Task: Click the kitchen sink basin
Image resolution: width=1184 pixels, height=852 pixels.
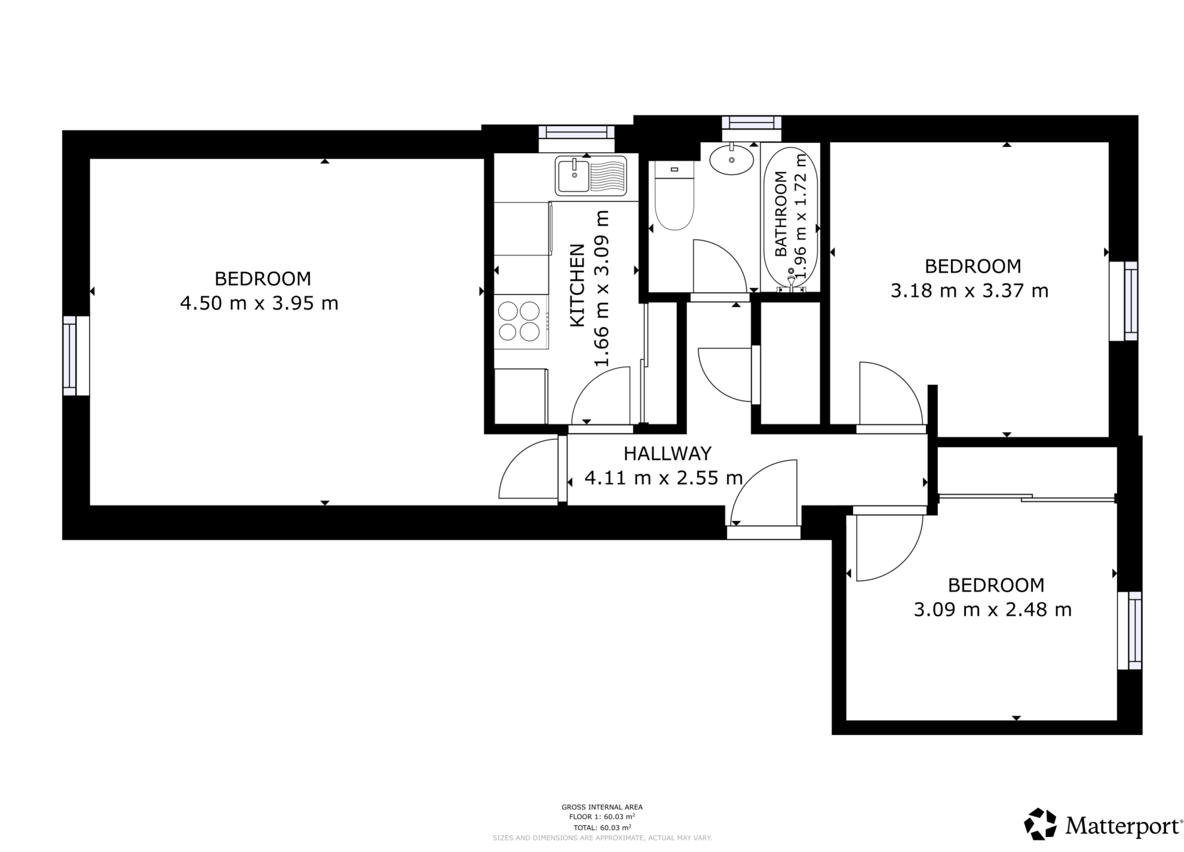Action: [573, 175]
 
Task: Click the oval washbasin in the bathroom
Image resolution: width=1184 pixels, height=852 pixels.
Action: [731, 159]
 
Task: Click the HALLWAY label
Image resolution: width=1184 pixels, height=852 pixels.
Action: [667, 453]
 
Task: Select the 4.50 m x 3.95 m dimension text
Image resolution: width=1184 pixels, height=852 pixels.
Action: [259, 303]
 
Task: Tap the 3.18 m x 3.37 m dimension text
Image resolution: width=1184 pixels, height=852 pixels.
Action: [970, 290]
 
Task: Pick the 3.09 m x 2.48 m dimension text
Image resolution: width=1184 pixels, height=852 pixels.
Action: [993, 610]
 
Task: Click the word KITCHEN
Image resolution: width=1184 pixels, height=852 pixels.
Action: [578, 285]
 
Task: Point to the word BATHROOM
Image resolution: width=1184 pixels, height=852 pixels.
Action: [780, 214]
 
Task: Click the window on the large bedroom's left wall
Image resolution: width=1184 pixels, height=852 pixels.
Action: [70, 356]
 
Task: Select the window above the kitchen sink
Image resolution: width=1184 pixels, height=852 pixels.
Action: [576, 132]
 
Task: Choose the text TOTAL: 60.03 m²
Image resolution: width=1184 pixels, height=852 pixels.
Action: [602, 827]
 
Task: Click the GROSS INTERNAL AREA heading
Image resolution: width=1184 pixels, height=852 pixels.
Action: [602, 807]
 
